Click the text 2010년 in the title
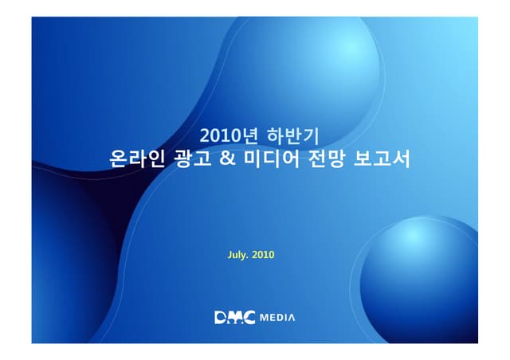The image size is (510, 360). pyautogui.click(x=226, y=135)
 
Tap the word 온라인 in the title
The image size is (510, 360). pyautogui.click(x=137, y=159)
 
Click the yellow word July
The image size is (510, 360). pyautogui.click(x=238, y=256)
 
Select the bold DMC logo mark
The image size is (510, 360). pyautogui.click(x=235, y=319)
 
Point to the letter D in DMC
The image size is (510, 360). pyautogui.click(x=222, y=319)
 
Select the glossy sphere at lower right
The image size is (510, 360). pyautogui.click(x=422, y=271)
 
